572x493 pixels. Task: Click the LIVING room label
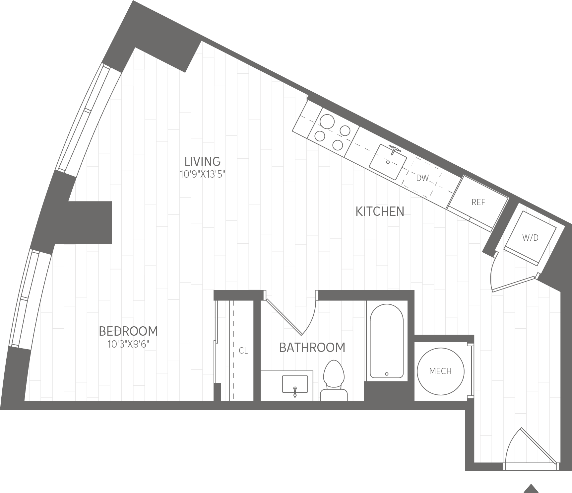click(x=203, y=162)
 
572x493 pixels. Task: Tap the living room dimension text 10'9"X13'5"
click(x=203, y=174)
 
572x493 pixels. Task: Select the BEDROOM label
click(x=128, y=331)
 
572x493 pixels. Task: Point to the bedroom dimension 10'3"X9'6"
click(x=128, y=344)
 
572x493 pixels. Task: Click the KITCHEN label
click(x=380, y=211)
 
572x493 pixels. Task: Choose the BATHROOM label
click(x=312, y=348)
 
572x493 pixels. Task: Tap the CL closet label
click(x=243, y=351)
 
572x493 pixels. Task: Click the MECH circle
click(x=440, y=371)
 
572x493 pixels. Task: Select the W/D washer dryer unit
click(x=530, y=238)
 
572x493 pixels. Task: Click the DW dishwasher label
click(x=422, y=178)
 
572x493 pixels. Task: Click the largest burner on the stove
click(x=327, y=122)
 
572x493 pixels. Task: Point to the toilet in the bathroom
click(x=334, y=380)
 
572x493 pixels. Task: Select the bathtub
click(x=387, y=341)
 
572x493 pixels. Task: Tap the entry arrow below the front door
click(x=531, y=488)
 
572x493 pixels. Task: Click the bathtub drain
click(x=387, y=374)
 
